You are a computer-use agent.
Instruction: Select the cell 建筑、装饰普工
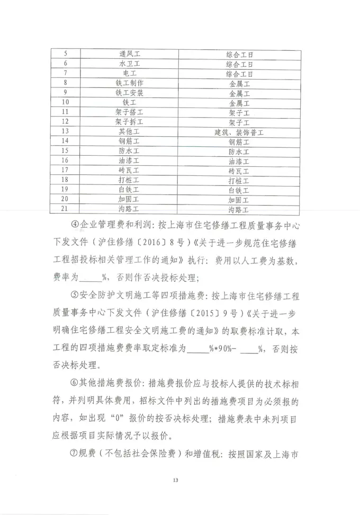(239, 131)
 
